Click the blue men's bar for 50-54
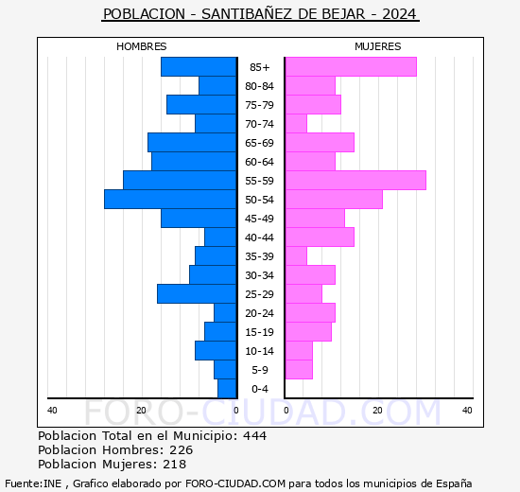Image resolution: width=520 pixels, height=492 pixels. pyautogui.click(x=170, y=200)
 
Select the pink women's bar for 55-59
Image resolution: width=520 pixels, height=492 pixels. pyautogui.click(x=355, y=181)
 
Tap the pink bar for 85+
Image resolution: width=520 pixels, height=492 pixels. pyautogui.click(x=351, y=67)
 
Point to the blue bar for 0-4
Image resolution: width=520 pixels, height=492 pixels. pyautogui.click(x=227, y=389)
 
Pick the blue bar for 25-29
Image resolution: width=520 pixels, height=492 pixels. pyautogui.click(x=197, y=294)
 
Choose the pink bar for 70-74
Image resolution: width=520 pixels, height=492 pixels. pyautogui.click(x=296, y=124)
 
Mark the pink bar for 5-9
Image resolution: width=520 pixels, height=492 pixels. pyautogui.click(x=299, y=370)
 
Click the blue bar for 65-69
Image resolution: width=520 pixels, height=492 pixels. pyautogui.click(x=192, y=143)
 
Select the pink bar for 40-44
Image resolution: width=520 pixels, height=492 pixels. pyautogui.click(x=320, y=237)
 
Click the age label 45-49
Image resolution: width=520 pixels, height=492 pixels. pyautogui.click(x=259, y=219)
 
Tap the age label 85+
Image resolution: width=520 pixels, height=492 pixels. pyautogui.click(x=260, y=67)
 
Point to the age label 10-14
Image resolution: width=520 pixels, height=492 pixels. pyautogui.click(x=259, y=351)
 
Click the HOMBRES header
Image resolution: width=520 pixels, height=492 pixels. pyautogui.click(x=142, y=46)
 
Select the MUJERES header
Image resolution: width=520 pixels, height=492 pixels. pyautogui.click(x=378, y=46)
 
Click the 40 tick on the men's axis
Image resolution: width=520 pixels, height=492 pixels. pyautogui.click(x=52, y=411)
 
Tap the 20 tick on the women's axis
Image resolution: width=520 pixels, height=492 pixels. pyautogui.click(x=377, y=411)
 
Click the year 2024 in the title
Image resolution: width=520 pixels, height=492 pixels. pyautogui.click(x=399, y=14)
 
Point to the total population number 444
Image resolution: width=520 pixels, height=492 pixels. pyautogui.click(x=254, y=435)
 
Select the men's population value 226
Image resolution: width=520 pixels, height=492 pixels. pyautogui.click(x=182, y=449)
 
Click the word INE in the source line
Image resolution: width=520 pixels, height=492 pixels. pyautogui.click(x=52, y=483)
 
